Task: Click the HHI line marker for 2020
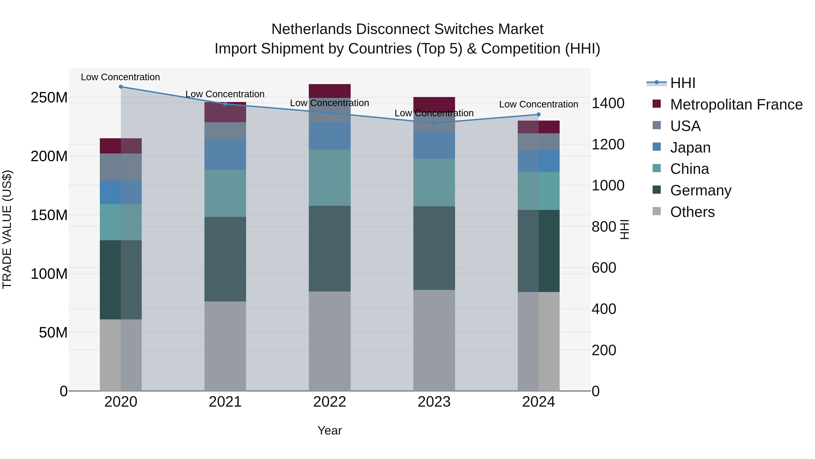[x=120, y=87]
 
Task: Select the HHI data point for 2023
[x=434, y=123]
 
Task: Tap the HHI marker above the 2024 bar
[x=539, y=115]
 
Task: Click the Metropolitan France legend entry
[x=736, y=104]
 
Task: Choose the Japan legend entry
[x=690, y=148]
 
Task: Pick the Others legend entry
[x=692, y=212]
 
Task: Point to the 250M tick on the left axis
[x=49, y=97]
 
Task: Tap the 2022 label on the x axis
[x=330, y=402]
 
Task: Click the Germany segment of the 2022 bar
[x=330, y=249]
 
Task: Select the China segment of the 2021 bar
[x=225, y=193]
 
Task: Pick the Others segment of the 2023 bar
[x=434, y=340]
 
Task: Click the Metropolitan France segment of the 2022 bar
[x=330, y=91]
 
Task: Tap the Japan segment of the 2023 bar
[x=434, y=145]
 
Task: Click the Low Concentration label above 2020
[x=120, y=77]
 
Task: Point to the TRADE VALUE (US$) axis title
[x=7, y=229]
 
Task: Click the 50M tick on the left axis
[x=53, y=333]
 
